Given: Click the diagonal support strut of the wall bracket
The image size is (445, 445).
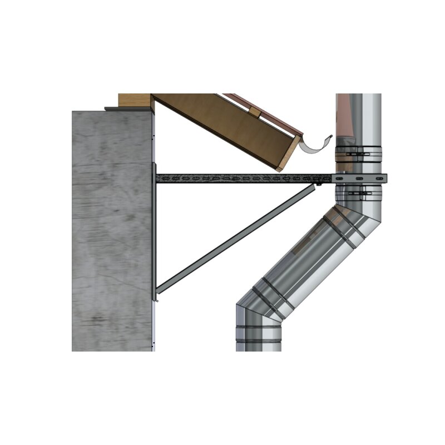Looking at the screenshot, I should (x=234, y=239).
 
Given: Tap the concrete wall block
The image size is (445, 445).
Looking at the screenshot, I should (x=111, y=234).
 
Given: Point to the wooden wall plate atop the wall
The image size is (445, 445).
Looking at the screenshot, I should (x=135, y=101).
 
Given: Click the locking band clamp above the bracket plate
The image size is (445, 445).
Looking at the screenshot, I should (x=359, y=150).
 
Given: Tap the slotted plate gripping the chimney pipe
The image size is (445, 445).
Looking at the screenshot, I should (x=359, y=178).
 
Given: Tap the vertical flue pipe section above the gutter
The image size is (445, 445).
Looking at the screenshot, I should (x=359, y=117).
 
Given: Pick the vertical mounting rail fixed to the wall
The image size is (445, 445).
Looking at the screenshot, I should (x=154, y=234).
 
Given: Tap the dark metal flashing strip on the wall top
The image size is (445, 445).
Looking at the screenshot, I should (x=128, y=108).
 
